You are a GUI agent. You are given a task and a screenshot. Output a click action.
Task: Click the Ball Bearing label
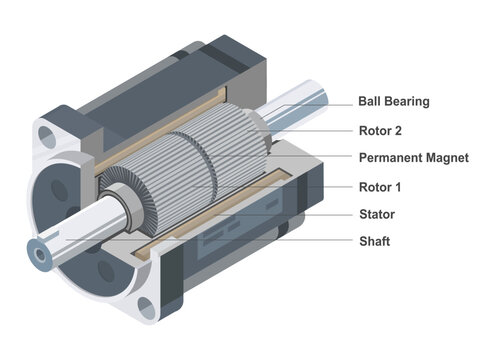394,101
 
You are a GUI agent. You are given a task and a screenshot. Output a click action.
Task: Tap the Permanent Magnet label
413,157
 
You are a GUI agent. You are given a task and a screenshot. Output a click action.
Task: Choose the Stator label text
376,213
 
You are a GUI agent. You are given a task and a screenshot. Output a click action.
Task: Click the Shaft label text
374,241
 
